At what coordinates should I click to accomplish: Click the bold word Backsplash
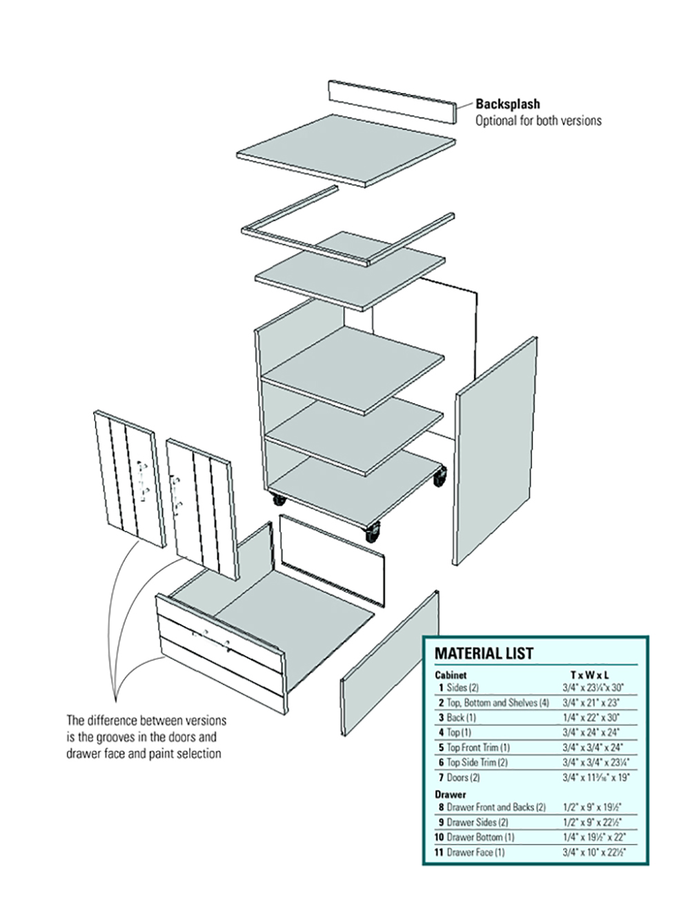point(507,104)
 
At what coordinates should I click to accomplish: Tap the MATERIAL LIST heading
point(484,653)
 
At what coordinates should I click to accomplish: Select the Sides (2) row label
point(462,687)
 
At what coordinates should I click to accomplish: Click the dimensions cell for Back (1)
point(591,717)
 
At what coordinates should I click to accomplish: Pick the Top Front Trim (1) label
point(477,748)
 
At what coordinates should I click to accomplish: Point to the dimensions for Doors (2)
point(595,777)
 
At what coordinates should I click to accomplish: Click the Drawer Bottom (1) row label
point(480,837)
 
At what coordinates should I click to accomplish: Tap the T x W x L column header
point(590,674)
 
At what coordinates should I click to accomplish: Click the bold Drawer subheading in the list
point(451,794)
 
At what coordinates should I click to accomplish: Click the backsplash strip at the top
point(392,101)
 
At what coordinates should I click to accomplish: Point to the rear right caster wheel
point(439,477)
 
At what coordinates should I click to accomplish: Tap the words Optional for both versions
point(538,121)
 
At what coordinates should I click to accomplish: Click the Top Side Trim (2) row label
point(477,763)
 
